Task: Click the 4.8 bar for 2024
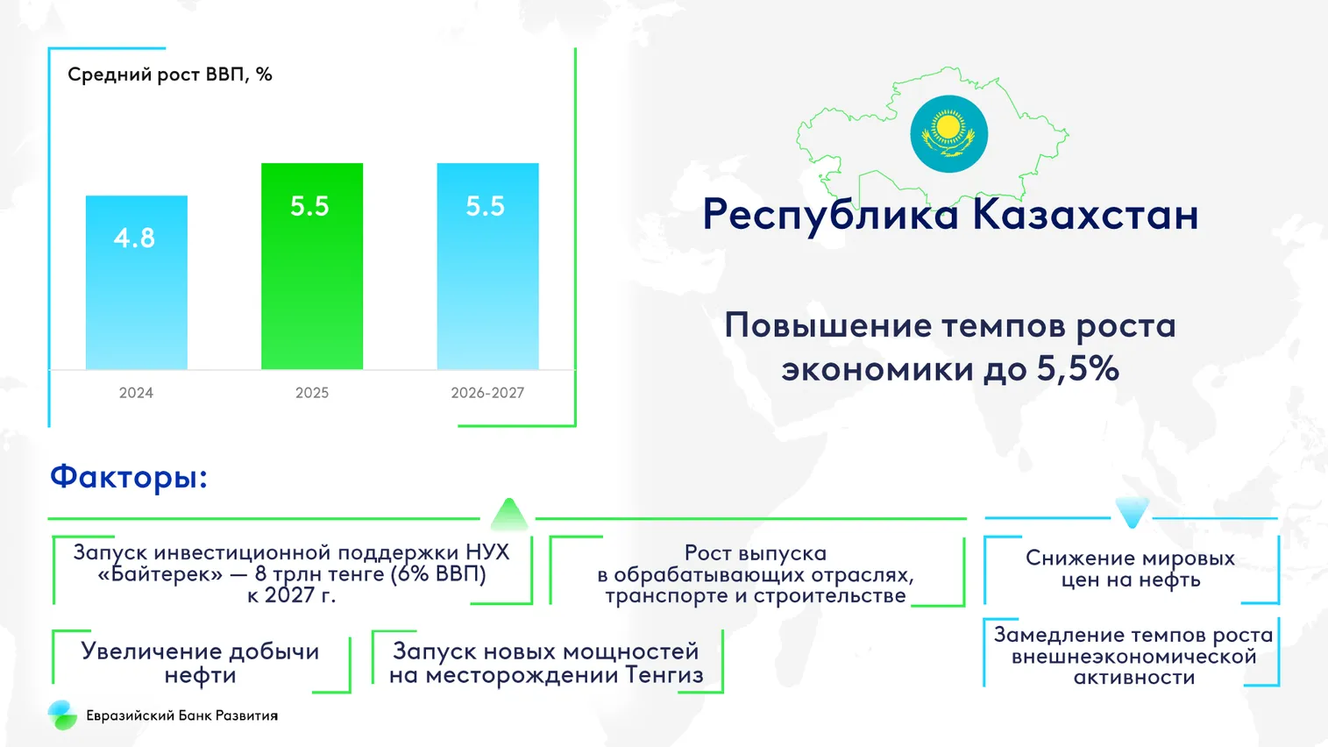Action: click(x=137, y=282)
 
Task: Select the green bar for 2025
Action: click(x=312, y=267)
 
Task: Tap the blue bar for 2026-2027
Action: click(x=488, y=267)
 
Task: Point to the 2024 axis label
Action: click(x=136, y=393)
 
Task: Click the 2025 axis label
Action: click(x=312, y=393)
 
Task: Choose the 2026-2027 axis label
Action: click(x=487, y=393)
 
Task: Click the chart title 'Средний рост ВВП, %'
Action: click(x=169, y=75)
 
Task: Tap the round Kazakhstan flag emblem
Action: click(x=948, y=134)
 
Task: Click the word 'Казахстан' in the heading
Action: click(x=1086, y=214)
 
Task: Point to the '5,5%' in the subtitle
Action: click(x=1078, y=368)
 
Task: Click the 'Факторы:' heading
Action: click(x=129, y=477)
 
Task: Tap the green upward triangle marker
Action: click(x=508, y=515)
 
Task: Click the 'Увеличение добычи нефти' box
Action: click(x=202, y=662)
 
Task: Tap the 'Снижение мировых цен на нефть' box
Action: click(x=1131, y=570)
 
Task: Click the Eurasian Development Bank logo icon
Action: click(x=62, y=715)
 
